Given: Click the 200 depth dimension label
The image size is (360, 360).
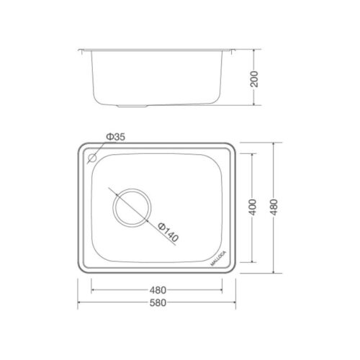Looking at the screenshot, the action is coord(254,79).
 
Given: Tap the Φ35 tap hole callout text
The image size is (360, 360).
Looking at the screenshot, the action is coord(116,137).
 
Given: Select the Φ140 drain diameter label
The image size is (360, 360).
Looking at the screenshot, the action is coord(168,233).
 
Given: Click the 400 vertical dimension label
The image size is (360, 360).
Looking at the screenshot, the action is coord(253,207).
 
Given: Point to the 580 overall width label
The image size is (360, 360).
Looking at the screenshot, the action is coord(158,303).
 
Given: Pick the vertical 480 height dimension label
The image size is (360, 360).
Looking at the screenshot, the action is coord(274,207).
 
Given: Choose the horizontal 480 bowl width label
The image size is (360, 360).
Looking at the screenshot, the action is coord(158,290).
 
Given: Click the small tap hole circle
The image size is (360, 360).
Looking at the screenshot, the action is coord(92,158).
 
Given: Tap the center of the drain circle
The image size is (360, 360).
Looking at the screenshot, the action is coord(132,208).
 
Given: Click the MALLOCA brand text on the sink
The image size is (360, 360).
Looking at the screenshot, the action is coord(218,258).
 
